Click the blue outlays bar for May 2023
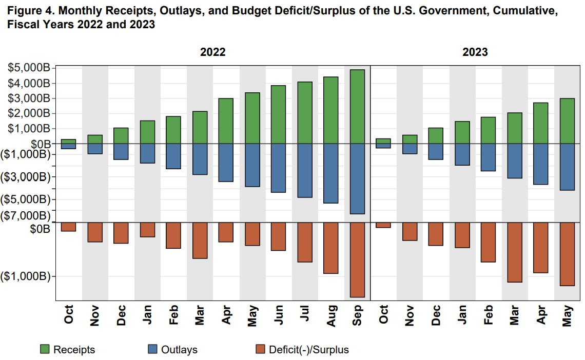click(567, 167)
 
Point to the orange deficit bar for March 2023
click(514, 252)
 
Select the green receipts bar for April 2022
click(226, 121)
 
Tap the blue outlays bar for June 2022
click(278, 168)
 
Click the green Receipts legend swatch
click(45, 350)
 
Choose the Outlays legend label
click(179, 350)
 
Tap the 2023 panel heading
click(475, 52)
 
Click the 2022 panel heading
click(212, 52)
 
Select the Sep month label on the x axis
click(358, 314)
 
